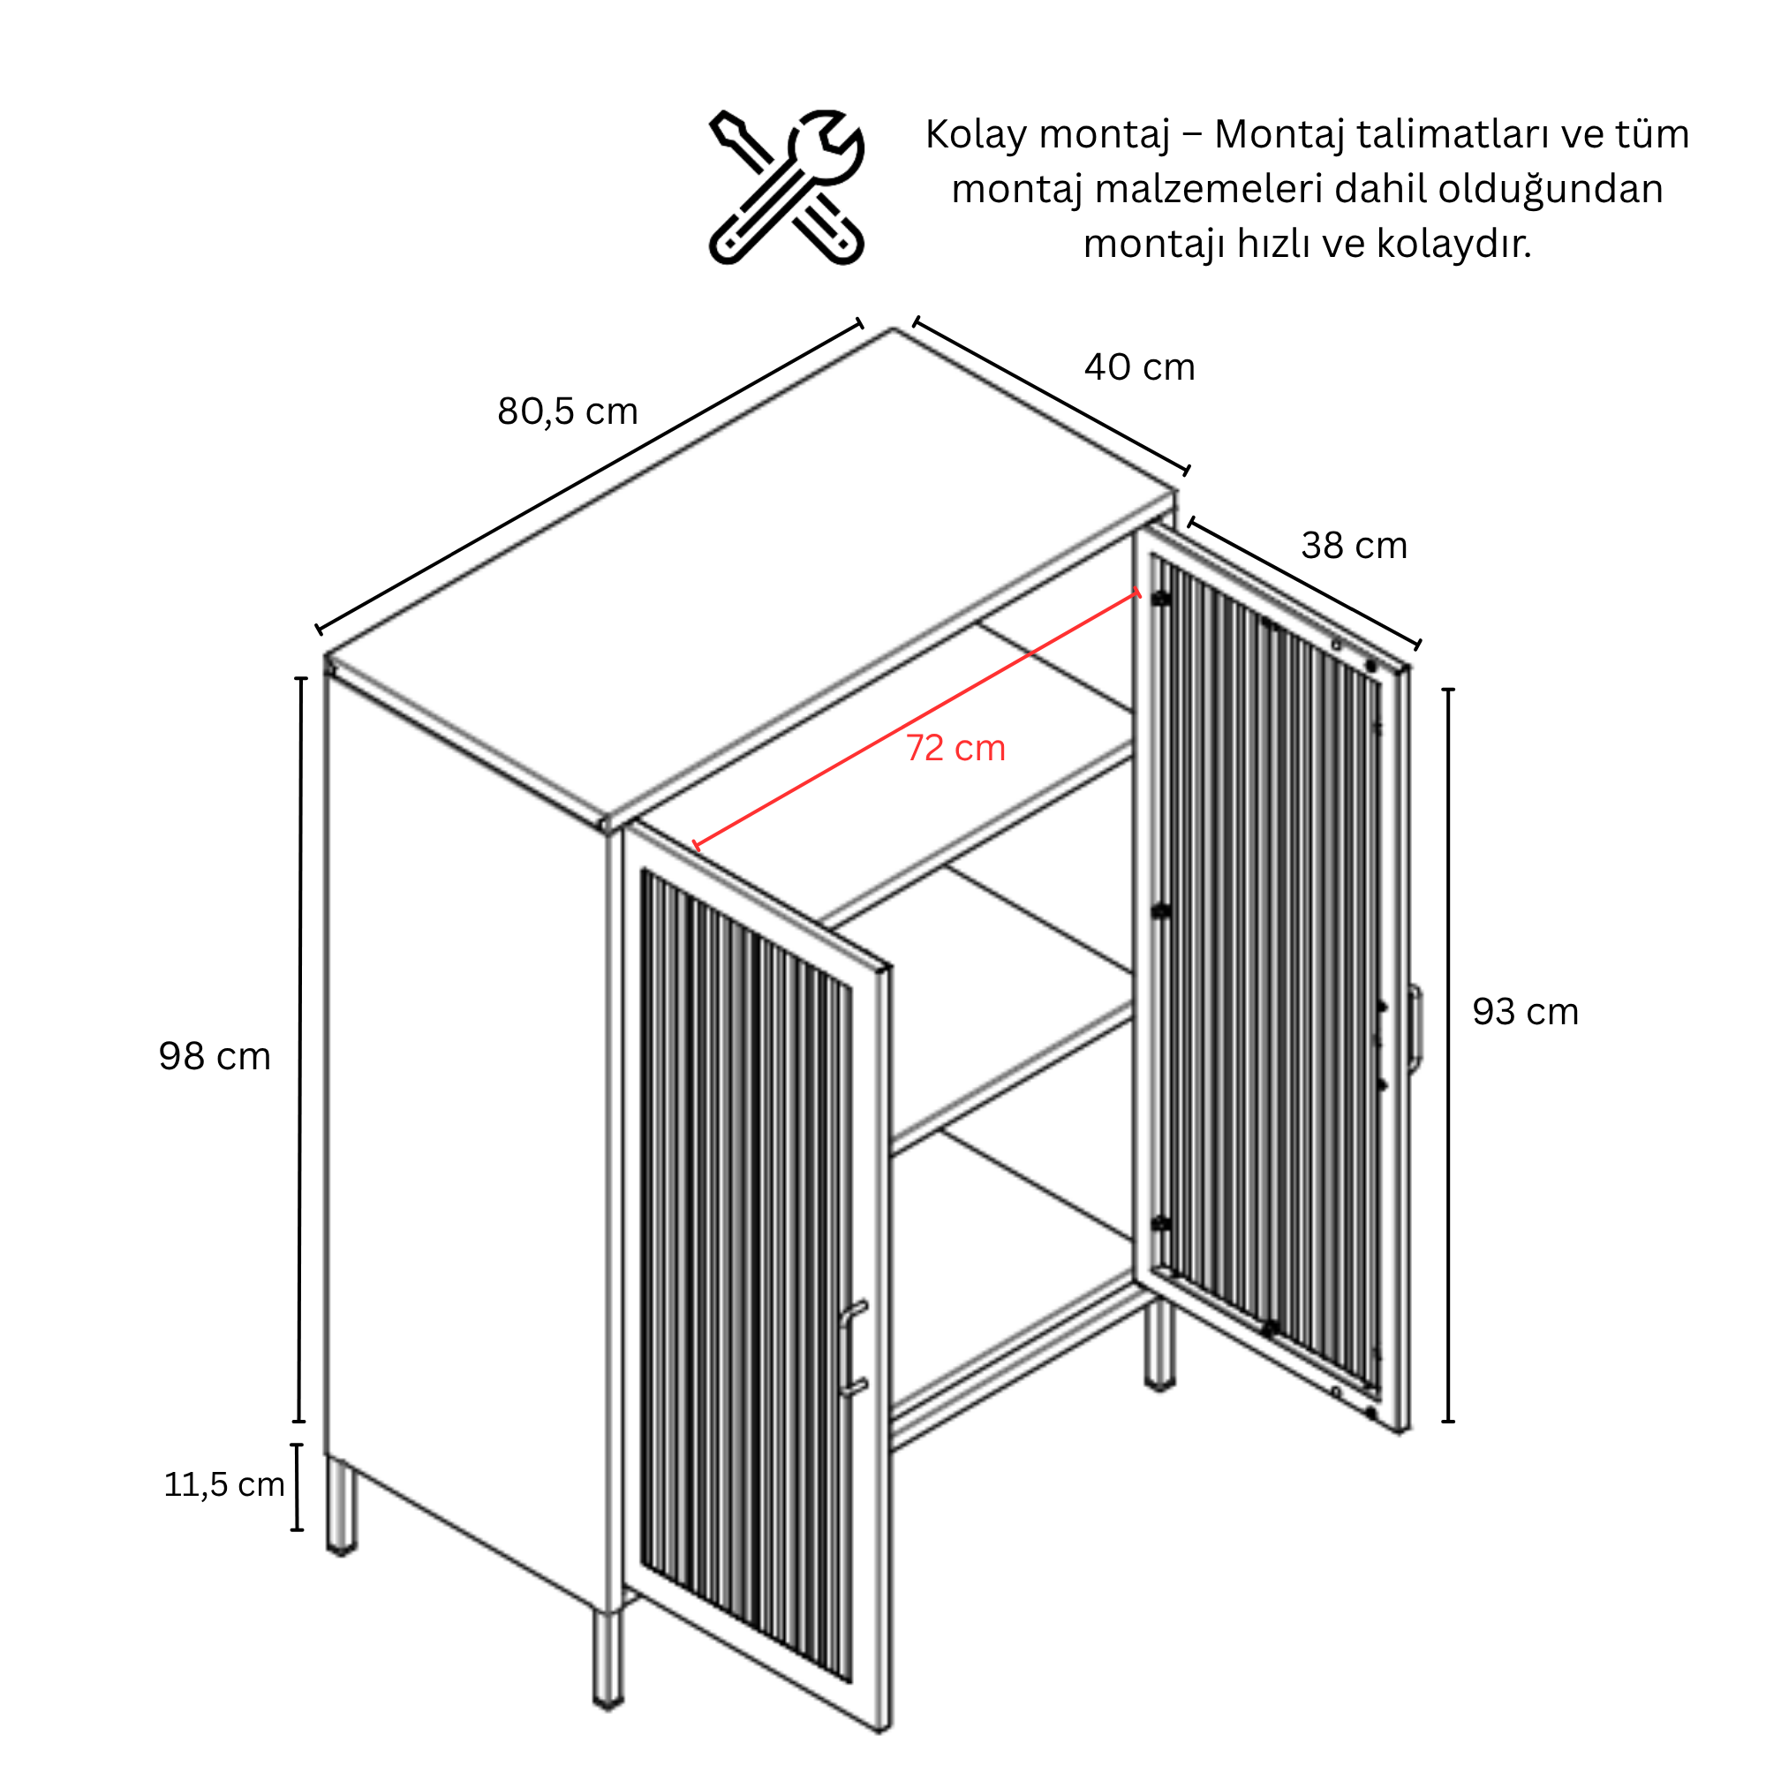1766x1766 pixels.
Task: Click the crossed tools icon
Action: [x=787, y=187]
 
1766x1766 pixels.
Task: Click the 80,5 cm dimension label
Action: [x=568, y=411]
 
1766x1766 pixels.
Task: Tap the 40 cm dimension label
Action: [x=1139, y=367]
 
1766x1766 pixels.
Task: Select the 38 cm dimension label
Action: [x=1354, y=546]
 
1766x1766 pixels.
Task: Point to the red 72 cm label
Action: [x=955, y=748]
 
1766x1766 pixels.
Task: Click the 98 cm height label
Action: [x=215, y=1056]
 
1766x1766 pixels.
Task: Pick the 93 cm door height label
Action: [x=1526, y=1011]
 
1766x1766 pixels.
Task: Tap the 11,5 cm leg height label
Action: [x=224, y=1483]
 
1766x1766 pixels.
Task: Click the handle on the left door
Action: [x=852, y=1349]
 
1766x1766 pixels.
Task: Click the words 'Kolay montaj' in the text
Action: [x=1047, y=134]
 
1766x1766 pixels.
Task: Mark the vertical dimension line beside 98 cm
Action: [x=300, y=1049]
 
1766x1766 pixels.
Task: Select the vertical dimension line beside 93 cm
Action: [x=1448, y=1055]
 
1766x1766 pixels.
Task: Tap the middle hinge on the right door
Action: [x=1161, y=911]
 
